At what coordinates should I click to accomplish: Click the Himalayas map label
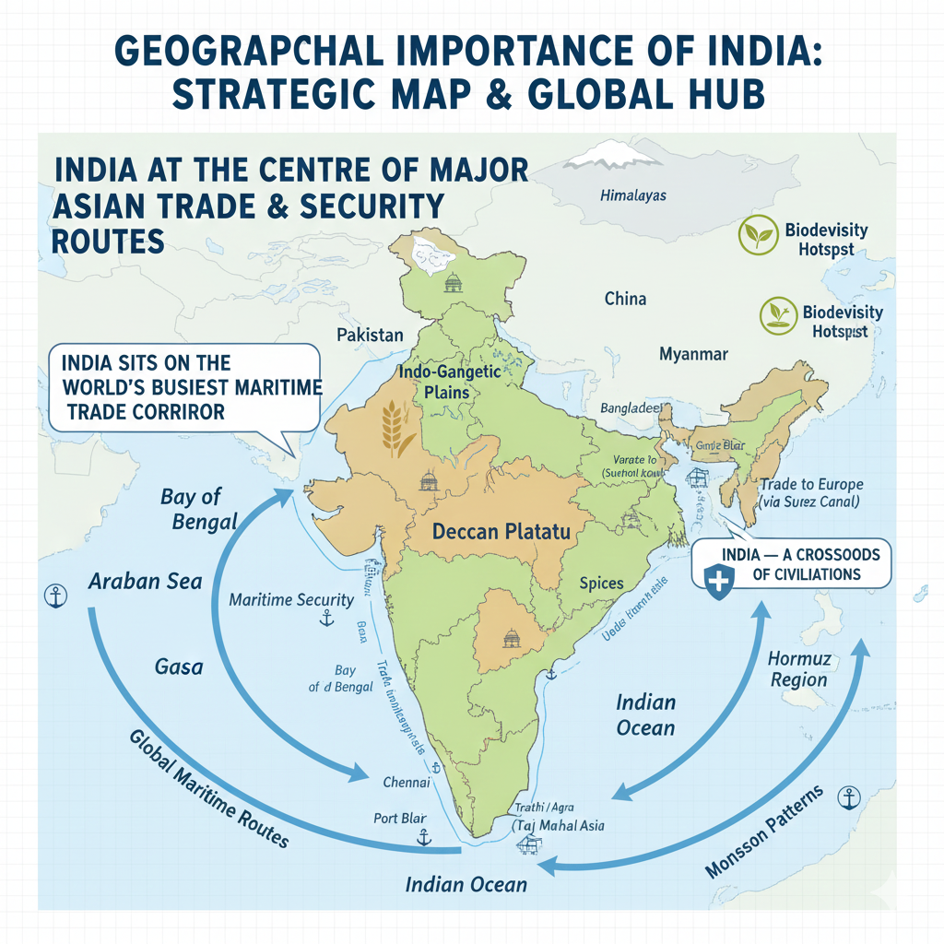(x=632, y=195)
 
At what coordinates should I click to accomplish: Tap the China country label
(x=625, y=299)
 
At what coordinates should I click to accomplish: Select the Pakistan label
(x=370, y=334)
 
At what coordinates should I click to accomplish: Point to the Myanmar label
(x=693, y=354)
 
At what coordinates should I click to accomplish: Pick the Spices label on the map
(x=601, y=583)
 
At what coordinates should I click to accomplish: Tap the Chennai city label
(x=406, y=783)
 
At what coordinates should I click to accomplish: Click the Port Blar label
(x=398, y=819)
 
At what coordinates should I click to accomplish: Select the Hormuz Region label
(x=796, y=670)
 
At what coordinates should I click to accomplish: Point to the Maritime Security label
(x=291, y=600)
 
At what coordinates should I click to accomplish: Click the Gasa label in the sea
(x=179, y=666)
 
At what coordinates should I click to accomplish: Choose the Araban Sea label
(x=134, y=582)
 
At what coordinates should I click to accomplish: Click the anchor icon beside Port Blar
(x=424, y=837)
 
